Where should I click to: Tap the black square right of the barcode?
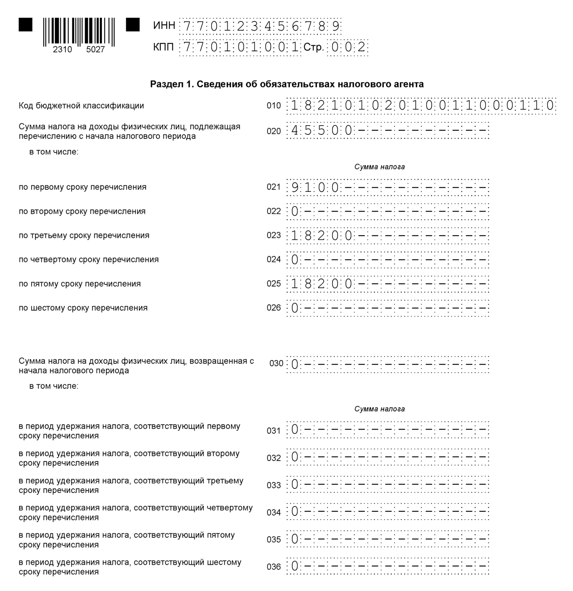(133, 25)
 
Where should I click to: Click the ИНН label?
(164, 26)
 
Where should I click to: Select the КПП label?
(164, 47)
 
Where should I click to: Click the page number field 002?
(348, 47)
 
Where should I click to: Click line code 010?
(274, 106)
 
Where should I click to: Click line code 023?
(274, 235)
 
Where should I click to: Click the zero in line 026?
(295, 308)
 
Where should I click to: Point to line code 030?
(276, 363)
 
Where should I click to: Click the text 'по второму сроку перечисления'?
(82, 211)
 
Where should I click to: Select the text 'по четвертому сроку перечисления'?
(88, 259)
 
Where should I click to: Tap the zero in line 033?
(295, 484)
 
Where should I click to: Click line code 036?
(274, 567)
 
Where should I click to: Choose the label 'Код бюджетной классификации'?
(81, 106)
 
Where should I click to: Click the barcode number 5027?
(95, 50)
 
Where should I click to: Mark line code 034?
(274, 512)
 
